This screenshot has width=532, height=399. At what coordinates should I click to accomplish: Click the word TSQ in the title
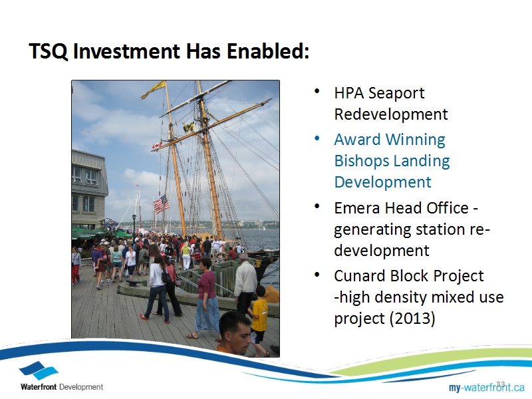(48, 51)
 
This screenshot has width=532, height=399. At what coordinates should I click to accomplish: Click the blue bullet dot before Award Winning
(317, 138)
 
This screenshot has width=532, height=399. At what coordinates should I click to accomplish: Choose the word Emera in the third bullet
(357, 208)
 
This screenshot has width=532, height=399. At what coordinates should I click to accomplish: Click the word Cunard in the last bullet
(360, 276)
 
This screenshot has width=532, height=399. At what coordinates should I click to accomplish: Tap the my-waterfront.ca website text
(487, 387)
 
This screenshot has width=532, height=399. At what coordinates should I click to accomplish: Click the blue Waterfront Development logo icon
(39, 370)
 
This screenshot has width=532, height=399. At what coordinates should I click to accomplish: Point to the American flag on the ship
(161, 204)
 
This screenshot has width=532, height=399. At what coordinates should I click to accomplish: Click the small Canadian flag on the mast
(157, 145)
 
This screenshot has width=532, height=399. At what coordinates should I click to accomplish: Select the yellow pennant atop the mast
(154, 89)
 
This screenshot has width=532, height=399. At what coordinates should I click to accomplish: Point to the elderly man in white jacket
(245, 285)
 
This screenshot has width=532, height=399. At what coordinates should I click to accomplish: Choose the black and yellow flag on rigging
(189, 128)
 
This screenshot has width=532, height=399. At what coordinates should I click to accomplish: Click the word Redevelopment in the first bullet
(391, 114)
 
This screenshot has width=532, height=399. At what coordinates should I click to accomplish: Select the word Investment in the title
(126, 51)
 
